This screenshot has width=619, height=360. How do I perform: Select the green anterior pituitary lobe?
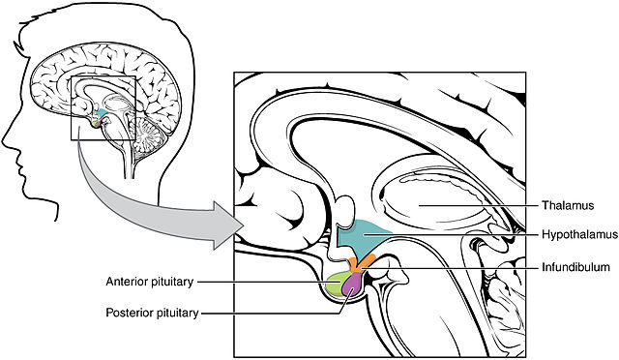(336, 286)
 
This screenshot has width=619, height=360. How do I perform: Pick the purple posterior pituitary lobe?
(353, 285)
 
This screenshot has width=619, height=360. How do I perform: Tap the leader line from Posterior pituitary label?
(276, 314)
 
